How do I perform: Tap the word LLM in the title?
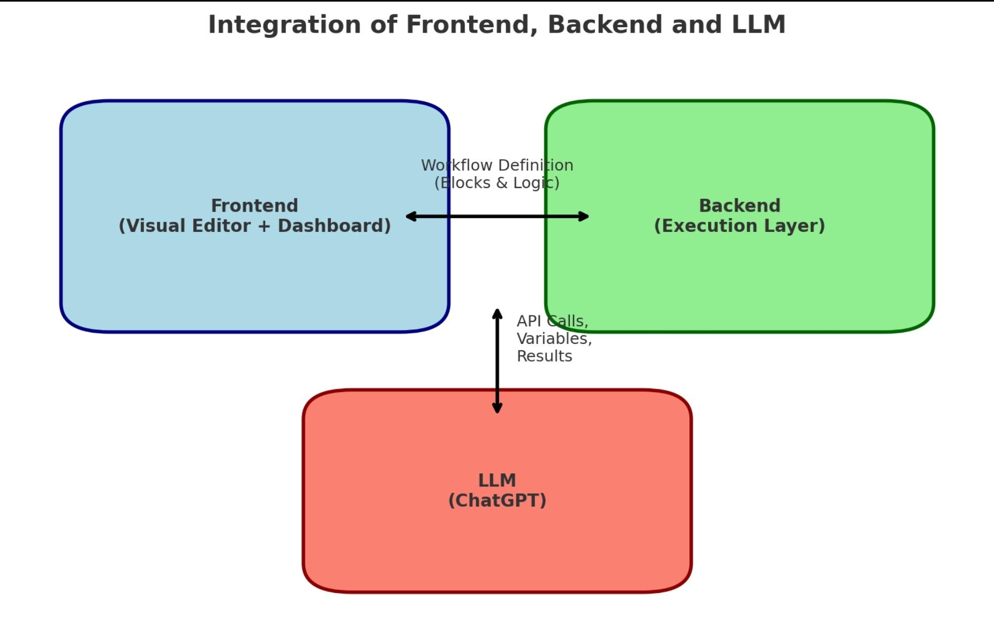pos(758,25)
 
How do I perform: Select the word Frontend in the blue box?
pos(254,206)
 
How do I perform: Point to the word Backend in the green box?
pos(740,206)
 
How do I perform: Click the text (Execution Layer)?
pos(740,226)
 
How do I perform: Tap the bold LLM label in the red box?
pos(497,480)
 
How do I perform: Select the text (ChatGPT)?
pos(497,500)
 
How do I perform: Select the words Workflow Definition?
pos(497,166)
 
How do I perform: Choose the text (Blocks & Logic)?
pos(497,183)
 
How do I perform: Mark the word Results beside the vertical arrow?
pos(544,356)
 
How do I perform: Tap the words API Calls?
pos(552,321)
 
